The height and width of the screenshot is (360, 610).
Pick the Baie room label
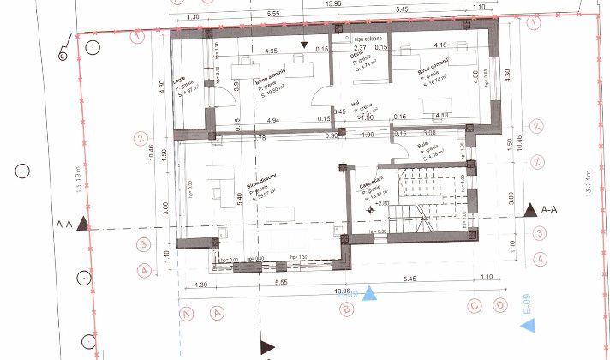tap(422, 146)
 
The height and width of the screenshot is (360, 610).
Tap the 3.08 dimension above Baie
tap(429, 133)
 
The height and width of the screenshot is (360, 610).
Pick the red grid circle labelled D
tap(499, 305)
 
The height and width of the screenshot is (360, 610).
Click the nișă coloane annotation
tap(368, 39)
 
